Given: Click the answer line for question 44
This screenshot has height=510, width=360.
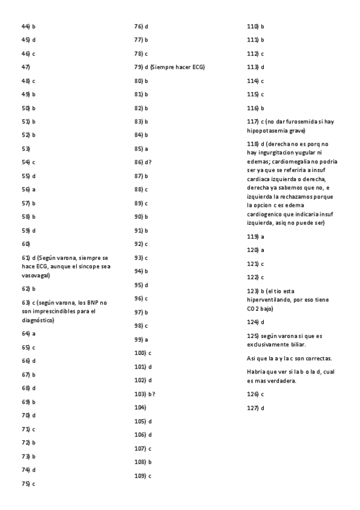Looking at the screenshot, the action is pos(28,26).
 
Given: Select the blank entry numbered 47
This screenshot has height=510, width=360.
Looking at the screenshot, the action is pos(26,67).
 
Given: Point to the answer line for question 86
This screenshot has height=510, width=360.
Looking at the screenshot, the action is pos(143,162).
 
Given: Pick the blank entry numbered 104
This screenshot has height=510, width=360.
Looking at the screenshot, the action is pos(140,408).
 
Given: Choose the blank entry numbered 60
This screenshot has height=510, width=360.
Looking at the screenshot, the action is pos(26,244).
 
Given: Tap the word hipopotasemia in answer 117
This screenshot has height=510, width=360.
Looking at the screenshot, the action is pos(266,131).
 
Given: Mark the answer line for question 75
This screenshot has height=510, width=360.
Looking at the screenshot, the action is pos(28,483).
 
